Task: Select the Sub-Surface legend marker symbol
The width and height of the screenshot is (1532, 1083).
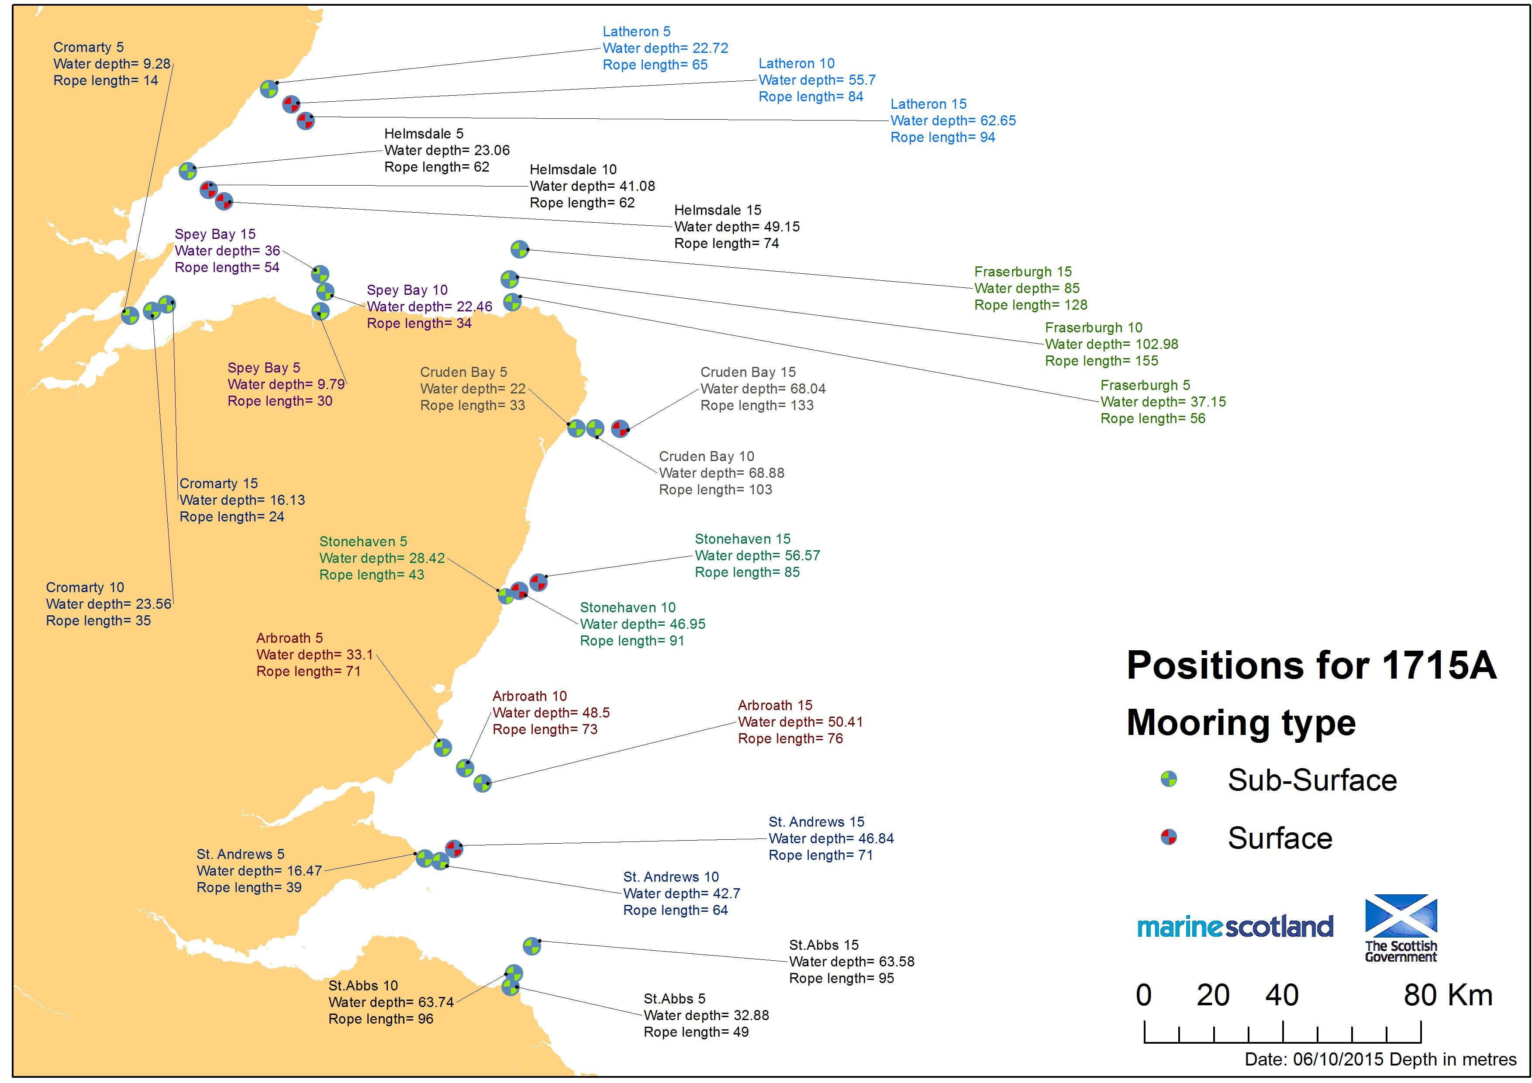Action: pyautogui.click(x=1168, y=779)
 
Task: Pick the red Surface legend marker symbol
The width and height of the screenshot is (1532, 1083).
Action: pyautogui.click(x=1168, y=837)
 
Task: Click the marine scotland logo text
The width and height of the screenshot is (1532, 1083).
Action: pyautogui.click(x=1235, y=926)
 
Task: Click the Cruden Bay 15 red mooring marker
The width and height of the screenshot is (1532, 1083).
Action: pyautogui.click(x=620, y=428)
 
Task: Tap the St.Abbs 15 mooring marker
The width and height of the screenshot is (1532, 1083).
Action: pyautogui.click(x=531, y=946)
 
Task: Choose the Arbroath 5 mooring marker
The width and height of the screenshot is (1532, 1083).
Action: pyautogui.click(x=442, y=747)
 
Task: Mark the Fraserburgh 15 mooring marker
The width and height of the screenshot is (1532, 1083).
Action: pyautogui.click(x=519, y=249)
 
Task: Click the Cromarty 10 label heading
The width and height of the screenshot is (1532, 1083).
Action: pyautogui.click(x=85, y=587)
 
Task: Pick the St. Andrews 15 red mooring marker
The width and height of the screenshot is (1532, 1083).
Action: pyautogui.click(x=454, y=848)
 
